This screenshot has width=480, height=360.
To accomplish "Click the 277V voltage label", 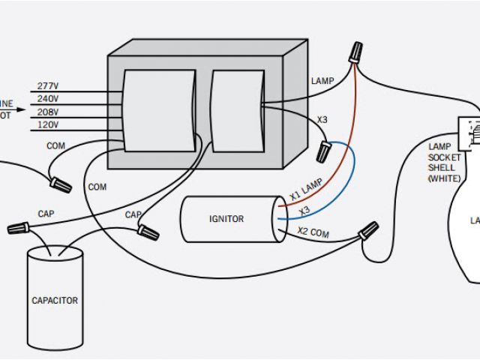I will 48,86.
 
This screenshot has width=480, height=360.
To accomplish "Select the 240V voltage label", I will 48,99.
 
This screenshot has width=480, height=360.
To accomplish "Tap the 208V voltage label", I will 48,112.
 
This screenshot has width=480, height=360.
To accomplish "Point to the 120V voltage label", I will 48,124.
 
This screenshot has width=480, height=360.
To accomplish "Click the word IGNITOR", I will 226,219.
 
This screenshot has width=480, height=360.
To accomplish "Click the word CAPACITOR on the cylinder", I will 54,301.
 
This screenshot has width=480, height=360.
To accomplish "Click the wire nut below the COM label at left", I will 60,181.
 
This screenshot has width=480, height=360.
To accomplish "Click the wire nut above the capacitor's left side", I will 18,226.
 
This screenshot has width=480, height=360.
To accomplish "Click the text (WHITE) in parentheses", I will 443,178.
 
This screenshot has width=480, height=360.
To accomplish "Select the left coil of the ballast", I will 159,110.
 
